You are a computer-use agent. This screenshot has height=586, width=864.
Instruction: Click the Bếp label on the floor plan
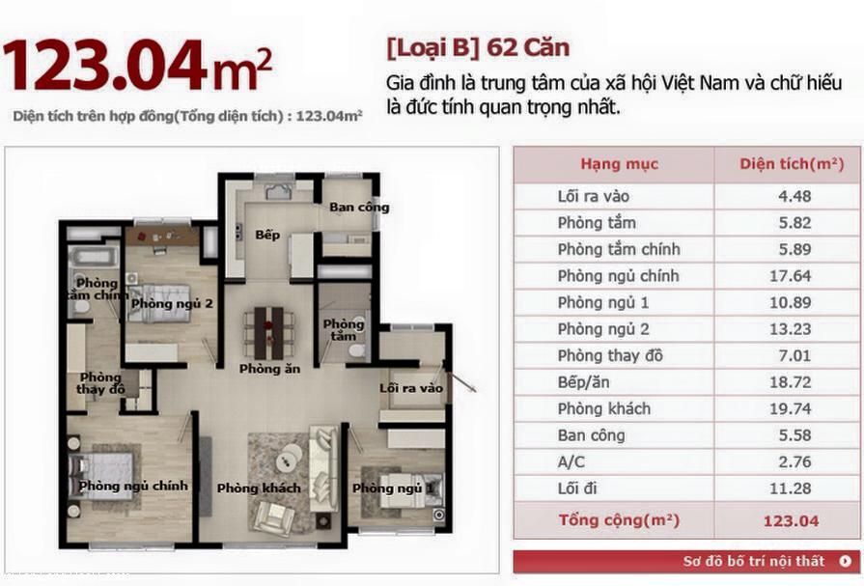(x=267, y=236)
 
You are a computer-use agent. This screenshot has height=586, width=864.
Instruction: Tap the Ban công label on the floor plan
(x=359, y=208)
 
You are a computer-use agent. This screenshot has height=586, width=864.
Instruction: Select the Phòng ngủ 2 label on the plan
(x=172, y=304)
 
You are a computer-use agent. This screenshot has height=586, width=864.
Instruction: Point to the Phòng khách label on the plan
(x=259, y=488)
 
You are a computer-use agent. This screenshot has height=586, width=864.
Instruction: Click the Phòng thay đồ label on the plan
(x=100, y=383)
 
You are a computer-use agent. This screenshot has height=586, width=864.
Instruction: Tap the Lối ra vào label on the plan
(x=411, y=388)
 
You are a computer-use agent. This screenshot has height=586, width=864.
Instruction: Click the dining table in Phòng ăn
(x=269, y=333)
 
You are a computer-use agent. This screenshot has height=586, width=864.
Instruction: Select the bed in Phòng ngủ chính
(x=102, y=476)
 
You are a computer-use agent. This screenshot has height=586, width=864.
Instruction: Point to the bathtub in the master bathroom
(x=95, y=258)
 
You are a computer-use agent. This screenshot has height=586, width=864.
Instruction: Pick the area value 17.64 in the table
(x=791, y=276)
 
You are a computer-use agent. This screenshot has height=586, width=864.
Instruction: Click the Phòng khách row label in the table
(x=604, y=408)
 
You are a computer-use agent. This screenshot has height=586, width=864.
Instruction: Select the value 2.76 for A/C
(x=794, y=461)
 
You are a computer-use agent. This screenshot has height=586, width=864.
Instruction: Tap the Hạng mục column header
(x=620, y=164)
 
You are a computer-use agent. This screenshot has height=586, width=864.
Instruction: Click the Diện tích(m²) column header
(x=792, y=164)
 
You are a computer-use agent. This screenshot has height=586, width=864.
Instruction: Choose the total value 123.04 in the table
(x=791, y=521)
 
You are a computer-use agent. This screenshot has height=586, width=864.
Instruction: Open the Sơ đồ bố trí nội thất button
(x=686, y=562)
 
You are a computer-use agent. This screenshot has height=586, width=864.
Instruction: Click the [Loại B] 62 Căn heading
(x=478, y=48)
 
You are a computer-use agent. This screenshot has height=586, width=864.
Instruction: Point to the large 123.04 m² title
(x=137, y=66)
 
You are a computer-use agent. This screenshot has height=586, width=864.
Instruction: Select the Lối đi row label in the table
(x=577, y=488)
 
